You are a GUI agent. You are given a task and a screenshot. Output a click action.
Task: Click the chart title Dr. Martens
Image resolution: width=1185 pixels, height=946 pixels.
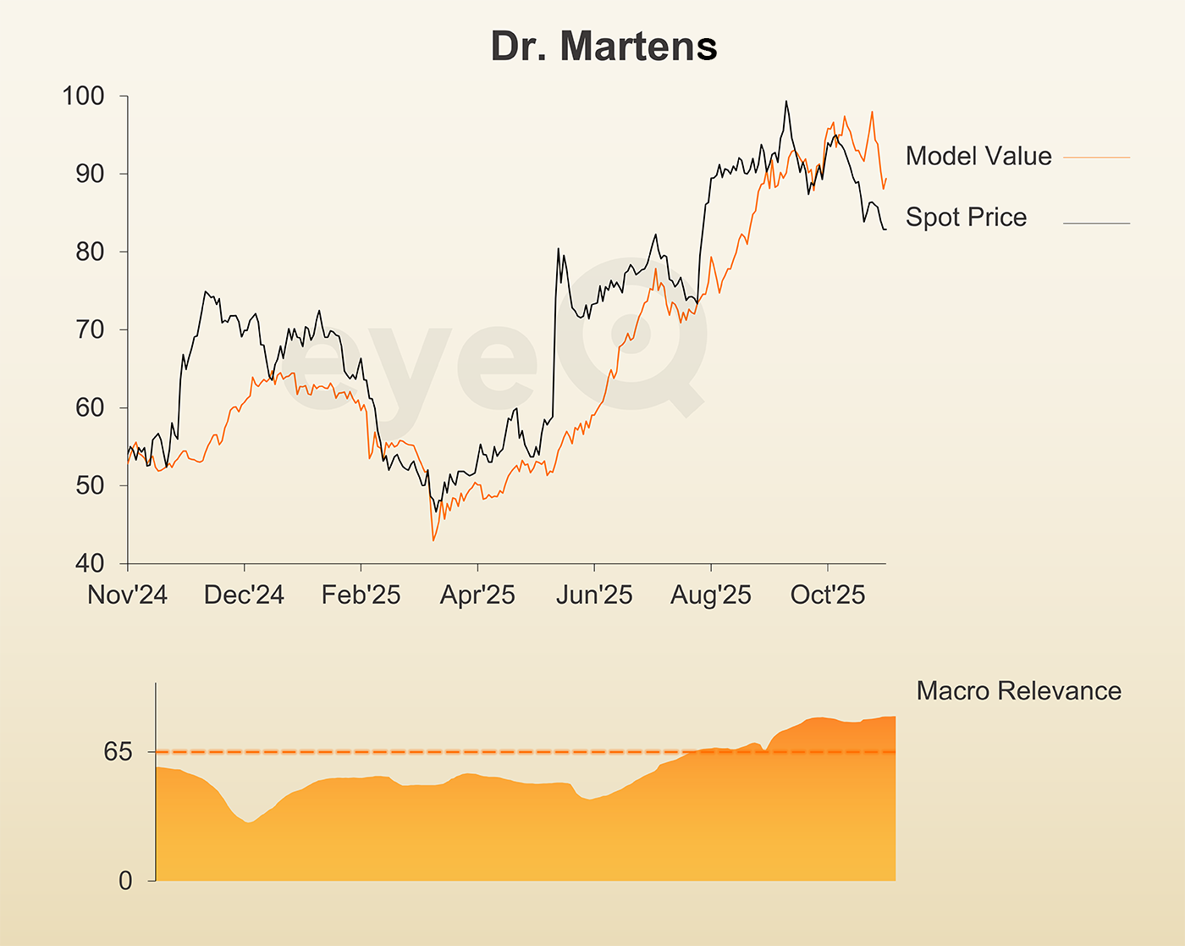tap(604, 47)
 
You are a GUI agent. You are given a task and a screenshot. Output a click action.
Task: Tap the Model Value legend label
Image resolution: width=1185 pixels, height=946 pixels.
tap(978, 156)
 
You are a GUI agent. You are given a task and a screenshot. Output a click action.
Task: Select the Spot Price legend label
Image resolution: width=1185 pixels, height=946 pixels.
tap(966, 217)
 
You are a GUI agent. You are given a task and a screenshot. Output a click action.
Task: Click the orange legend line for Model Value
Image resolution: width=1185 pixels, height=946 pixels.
tap(1096, 158)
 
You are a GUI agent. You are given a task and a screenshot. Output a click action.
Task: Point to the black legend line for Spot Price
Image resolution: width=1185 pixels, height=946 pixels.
tap(1096, 224)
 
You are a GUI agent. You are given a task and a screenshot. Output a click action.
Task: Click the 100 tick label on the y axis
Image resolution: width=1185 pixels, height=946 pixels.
tap(83, 96)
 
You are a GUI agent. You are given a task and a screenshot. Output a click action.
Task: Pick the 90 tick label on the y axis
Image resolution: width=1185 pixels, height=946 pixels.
tap(89, 174)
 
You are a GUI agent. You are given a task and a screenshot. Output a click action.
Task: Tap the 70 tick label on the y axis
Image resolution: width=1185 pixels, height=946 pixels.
tap(89, 329)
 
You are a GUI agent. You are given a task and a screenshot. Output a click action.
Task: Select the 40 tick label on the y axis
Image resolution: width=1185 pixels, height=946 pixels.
tap(89, 563)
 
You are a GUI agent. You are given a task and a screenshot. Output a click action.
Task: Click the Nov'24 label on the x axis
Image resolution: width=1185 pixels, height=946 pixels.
tap(127, 595)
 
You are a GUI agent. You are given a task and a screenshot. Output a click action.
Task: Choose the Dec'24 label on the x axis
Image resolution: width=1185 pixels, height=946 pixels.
tap(244, 595)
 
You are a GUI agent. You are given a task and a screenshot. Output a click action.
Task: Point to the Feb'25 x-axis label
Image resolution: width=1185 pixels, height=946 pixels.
tap(361, 595)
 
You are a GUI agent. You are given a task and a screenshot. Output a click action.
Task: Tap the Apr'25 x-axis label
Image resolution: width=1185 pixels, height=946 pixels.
tap(477, 595)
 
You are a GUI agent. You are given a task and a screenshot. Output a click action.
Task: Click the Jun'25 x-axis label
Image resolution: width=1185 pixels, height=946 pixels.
tap(594, 595)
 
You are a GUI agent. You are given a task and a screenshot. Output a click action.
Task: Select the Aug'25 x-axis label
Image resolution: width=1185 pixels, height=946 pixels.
tap(711, 595)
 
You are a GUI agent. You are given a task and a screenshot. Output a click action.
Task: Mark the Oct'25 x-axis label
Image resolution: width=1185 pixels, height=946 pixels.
tap(828, 595)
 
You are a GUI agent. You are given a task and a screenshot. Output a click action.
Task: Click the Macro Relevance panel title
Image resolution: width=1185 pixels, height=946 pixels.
tap(1018, 691)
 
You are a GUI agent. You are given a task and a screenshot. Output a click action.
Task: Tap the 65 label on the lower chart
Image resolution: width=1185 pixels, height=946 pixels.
tap(118, 751)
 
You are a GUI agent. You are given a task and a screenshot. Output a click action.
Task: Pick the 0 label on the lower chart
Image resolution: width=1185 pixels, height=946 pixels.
tap(125, 881)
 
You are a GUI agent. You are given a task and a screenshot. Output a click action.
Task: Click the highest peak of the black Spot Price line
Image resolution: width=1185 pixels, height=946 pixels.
tap(786, 102)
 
